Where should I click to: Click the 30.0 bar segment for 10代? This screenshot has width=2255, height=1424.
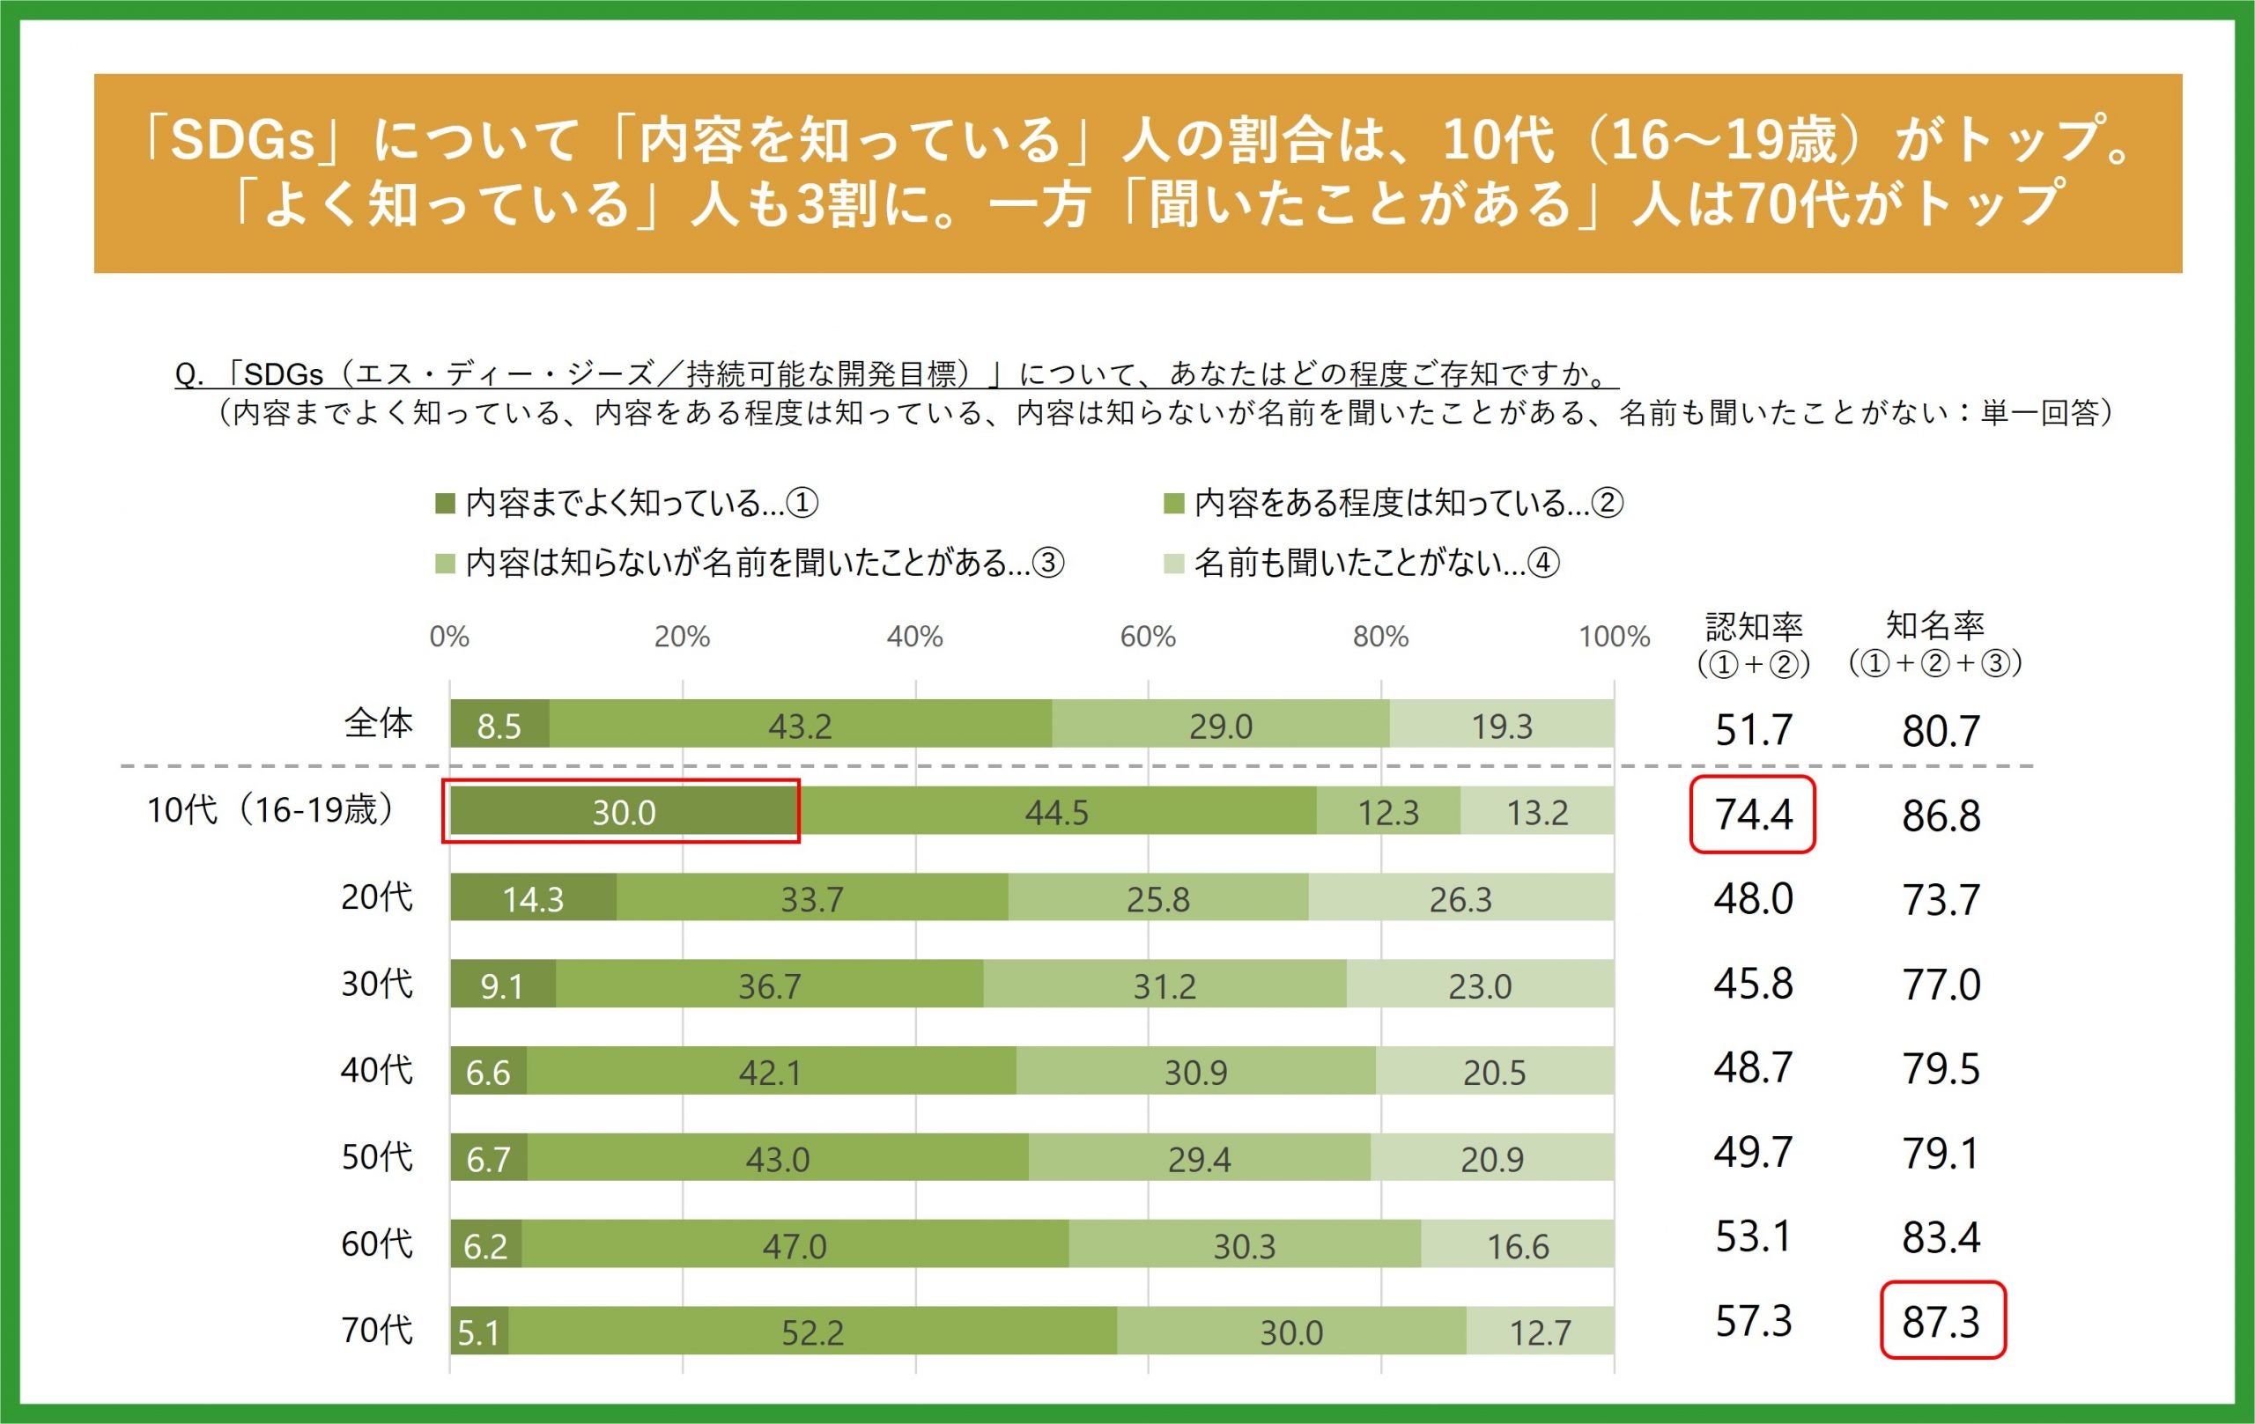pyautogui.click(x=624, y=812)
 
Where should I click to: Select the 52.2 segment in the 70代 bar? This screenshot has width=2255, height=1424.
pyautogui.click(x=813, y=1332)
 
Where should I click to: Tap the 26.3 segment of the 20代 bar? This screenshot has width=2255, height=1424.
pyautogui.click(x=1460, y=899)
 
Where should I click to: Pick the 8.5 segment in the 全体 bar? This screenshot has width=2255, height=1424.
pyautogui.click(x=499, y=726)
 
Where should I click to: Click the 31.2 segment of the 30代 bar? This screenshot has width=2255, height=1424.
pyautogui.click(x=1164, y=985)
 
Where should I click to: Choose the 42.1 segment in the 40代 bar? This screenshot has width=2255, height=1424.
pyautogui.click(x=770, y=1072)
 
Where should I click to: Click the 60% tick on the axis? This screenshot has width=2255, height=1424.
pyautogui.click(x=1147, y=637)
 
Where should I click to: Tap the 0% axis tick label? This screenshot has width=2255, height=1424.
pyautogui.click(x=449, y=637)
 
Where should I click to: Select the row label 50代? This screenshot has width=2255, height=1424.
pyautogui.click(x=376, y=1157)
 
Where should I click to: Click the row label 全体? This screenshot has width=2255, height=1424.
pyautogui.click(x=379, y=723)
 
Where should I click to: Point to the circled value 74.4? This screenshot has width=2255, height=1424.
pyautogui.click(x=1752, y=814)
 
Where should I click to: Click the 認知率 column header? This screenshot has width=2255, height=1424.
pyautogui.click(x=1753, y=625)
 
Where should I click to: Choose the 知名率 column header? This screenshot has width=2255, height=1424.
pyautogui.click(x=1934, y=624)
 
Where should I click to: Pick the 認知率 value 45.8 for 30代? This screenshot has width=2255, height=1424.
pyautogui.click(x=1753, y=983)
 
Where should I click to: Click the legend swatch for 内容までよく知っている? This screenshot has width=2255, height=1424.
pyautogui.click(x=445, y=505)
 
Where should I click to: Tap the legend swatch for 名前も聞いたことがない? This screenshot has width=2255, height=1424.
pyautogui.click(x=1173, y=564)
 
